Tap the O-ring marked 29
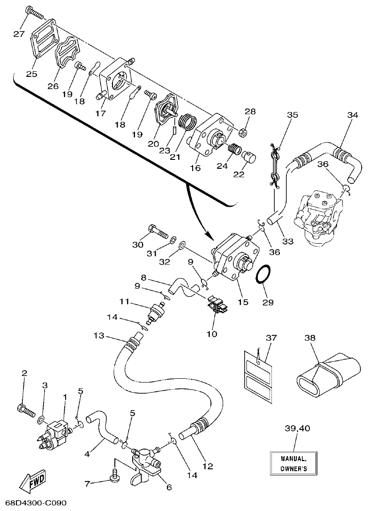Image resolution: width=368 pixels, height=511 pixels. (x=264, y=275)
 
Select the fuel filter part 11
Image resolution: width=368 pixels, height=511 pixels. (x=155, y=312)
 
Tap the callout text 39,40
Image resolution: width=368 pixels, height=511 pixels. (x=296, y=428)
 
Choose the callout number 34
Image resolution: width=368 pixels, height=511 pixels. (x=353, y=115)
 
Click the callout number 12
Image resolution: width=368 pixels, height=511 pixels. (x=208, y=466)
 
